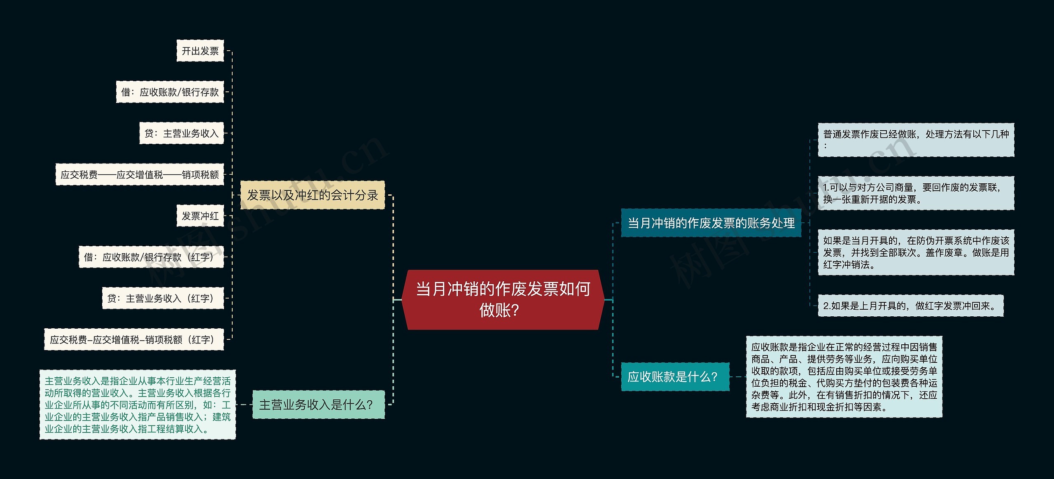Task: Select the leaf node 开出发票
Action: point(200,51)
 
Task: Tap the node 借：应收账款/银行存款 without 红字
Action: point(170,92)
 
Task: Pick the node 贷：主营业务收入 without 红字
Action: point(181,133)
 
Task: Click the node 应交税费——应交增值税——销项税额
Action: point(140,175)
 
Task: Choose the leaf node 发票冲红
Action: point(200,216)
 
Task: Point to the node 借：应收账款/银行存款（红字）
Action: point(151,257)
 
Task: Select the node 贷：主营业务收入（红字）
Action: point(163,298)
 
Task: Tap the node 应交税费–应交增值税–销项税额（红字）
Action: point(134,339)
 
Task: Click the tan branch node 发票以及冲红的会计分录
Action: point(312,195)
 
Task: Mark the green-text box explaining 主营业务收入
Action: point(138,404)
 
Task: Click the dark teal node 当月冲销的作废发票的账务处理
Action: point(711,223)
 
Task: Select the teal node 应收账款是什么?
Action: point(675,376)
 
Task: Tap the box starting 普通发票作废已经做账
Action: point(916,140)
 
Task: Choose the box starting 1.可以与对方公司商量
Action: point(916,193)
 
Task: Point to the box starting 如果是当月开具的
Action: point(916,252)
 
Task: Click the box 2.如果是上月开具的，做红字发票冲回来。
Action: point(910,306)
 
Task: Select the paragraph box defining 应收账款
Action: point(844,377)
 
